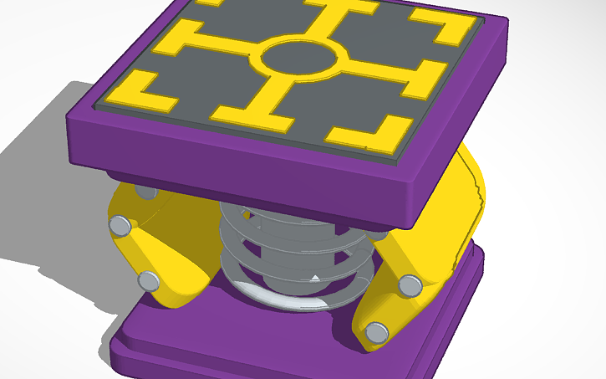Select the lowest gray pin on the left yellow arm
149,280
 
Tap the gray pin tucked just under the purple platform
146,193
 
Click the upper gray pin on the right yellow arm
410,284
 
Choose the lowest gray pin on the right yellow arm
377,332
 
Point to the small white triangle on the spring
314,276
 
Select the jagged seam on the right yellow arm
479,201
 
